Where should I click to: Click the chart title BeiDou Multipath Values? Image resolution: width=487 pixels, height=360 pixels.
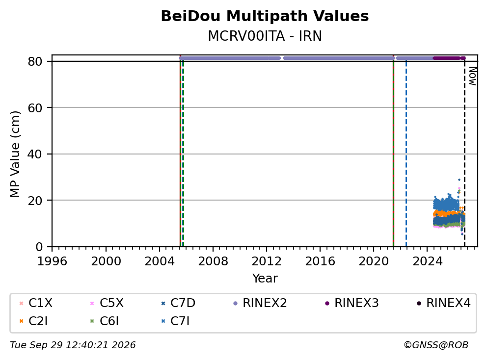[x=265, y=16]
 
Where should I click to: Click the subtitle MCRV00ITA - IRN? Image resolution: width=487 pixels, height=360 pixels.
[x=265, y=36]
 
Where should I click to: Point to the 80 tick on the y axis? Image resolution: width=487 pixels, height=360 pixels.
[x=35, y=61]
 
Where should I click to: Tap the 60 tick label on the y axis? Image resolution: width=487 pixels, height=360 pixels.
[x=35, y=108]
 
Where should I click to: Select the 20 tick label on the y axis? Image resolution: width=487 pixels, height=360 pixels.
[x=35, y=201]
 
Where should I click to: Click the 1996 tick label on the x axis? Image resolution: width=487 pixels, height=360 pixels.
[x=52, y=261]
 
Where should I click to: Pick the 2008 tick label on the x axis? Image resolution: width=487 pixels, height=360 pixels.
[x=213, y=261]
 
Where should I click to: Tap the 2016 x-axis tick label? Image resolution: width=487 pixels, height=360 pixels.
[x=320, y=261]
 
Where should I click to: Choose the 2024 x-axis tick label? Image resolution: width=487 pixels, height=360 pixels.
[x=428, y=261]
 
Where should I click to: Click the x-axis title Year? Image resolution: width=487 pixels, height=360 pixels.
[x=265, y=279]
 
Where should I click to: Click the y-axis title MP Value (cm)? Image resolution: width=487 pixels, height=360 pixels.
[x=15, y=154]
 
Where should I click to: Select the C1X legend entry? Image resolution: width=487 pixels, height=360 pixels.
[x=36, y=303]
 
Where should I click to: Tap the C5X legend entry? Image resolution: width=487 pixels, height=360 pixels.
[x=107, y=303]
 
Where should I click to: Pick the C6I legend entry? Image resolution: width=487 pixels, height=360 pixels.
[x=105, y=321]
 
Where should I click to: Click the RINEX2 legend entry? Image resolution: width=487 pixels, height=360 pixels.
[x=260, y=303]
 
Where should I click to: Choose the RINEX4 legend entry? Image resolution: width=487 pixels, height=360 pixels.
[x=443, y=303]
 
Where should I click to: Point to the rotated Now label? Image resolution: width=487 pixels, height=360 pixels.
[x=473, y=77]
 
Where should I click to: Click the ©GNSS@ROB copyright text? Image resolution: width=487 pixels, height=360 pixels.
[x=436, y=345]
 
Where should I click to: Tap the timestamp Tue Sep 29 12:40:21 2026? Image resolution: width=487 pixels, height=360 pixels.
[x=73, y=345]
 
